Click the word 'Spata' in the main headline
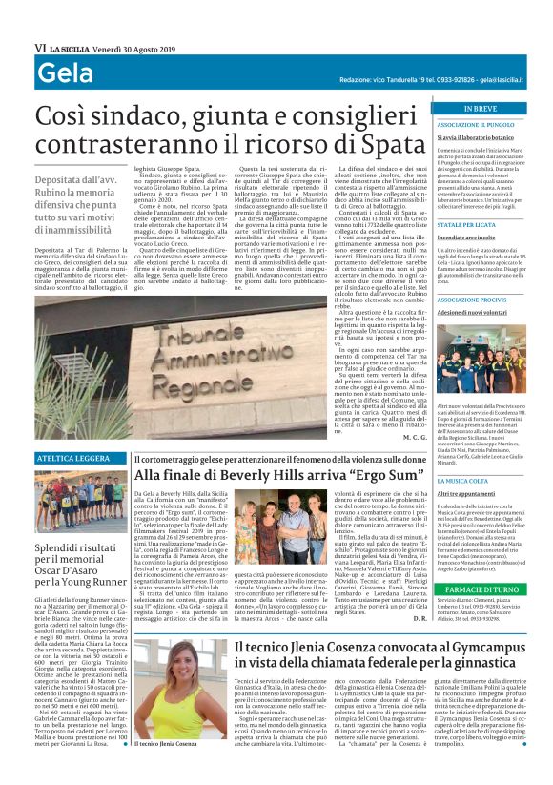pos(379,149)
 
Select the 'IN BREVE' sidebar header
pos(466,109)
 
